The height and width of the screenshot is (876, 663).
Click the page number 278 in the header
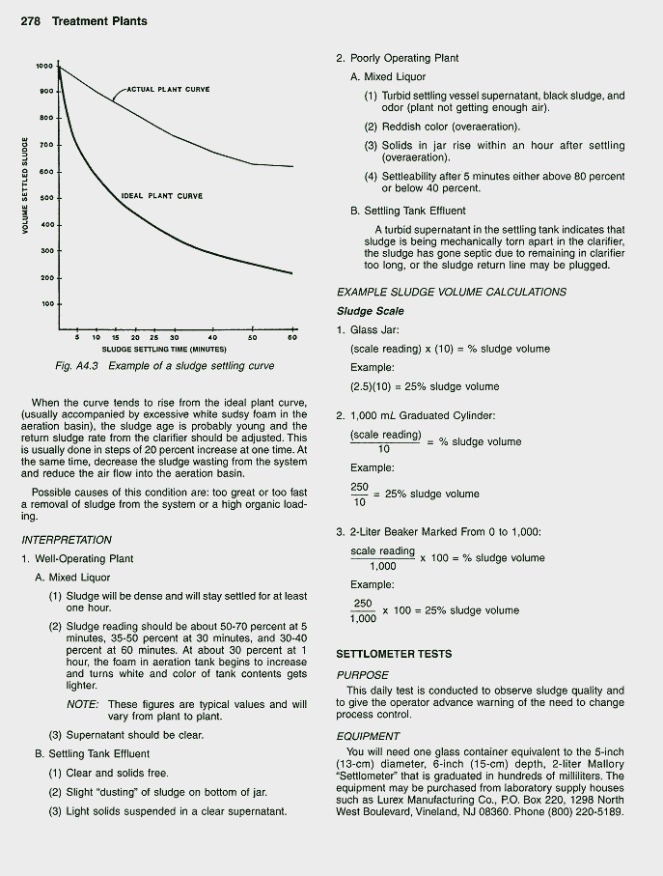click(x=33, y=21)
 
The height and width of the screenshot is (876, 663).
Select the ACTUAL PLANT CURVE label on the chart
click(x=168, y=90)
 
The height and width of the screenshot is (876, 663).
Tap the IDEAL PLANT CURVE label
click(x=161, y=196)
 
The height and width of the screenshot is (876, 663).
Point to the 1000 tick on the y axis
click(x=44, y=67)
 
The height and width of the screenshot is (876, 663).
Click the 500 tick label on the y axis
click(x=45, y=199)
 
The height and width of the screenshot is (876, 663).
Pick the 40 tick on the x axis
click(x=211, y=338)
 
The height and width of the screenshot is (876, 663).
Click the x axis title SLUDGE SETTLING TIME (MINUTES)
click(x=164, y=349)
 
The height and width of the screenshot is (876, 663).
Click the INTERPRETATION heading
click(x=66, y=540)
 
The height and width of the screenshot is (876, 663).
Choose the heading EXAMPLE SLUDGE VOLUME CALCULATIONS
click(x=451, y=292)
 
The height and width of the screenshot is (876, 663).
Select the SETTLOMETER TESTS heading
click(x=393, y=654)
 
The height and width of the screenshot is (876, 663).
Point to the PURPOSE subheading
click(x=362, y=675)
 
